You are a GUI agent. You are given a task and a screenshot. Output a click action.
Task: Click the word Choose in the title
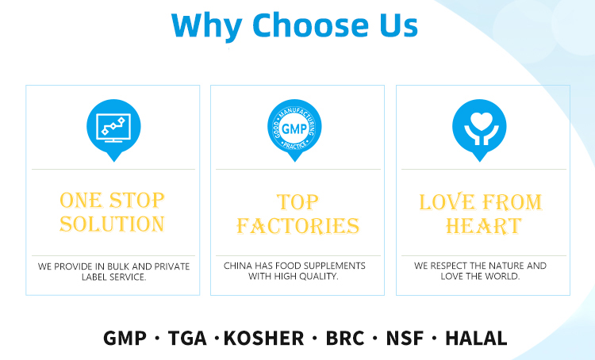coord(310,25)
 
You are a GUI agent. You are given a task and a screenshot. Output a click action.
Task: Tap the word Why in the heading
coord(207,26)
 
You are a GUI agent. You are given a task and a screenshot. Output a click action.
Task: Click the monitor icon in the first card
coord(113,128)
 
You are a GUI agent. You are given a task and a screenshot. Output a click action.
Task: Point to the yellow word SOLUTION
coord(113,224)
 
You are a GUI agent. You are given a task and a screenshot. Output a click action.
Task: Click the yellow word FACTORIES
coord(297,226)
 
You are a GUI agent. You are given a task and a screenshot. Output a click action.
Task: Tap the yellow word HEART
coord(483,226)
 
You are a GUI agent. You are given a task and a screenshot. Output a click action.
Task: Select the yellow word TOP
coord(297,202)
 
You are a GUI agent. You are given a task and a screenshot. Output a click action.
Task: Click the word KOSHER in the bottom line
coord(263,338)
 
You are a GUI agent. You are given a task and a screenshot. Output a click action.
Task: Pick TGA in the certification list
coord(187,338)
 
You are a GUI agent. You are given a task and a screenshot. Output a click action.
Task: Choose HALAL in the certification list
coord(476,338)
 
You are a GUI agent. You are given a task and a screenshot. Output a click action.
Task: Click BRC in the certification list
coord(345,338)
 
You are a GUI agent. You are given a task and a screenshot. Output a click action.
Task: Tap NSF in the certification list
coord(405,338)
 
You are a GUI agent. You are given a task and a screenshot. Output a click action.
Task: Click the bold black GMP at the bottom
coord(125,338)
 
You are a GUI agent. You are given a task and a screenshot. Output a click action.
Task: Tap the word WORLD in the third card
coord(505,276)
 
